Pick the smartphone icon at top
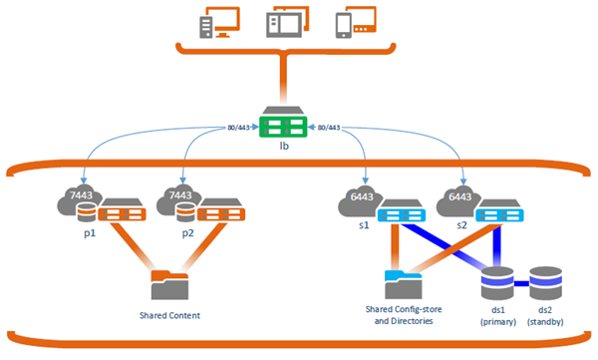click(x=344, y=25)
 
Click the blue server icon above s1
click(x=402, y=212)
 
